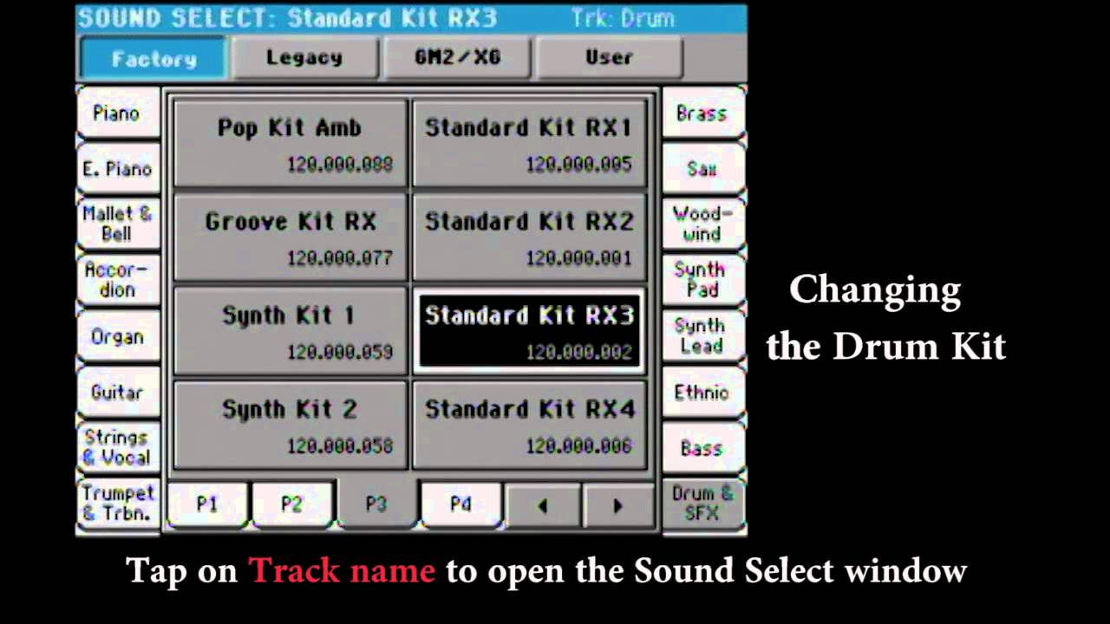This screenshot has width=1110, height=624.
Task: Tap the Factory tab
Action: point(153,59)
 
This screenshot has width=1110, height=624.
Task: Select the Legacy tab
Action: point(304,58)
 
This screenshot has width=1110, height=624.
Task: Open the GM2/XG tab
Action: point(458,58)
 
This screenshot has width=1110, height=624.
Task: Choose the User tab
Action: point(609,58)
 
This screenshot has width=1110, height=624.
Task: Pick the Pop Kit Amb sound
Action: point(290,143)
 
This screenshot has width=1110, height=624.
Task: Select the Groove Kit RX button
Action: point(290,237)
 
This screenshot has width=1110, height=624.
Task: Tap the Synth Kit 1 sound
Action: point(290,330)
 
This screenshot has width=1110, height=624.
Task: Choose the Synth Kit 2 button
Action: point(290,424)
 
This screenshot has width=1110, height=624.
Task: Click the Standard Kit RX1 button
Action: point(529,143)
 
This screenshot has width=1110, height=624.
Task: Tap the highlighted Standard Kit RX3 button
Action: point(529,330)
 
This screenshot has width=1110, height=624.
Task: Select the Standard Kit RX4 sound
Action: point(529,424)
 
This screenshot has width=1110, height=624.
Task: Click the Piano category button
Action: point(117,114)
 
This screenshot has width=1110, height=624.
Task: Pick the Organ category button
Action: point(117,336)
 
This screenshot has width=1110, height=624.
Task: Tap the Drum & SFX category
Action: point(702,503)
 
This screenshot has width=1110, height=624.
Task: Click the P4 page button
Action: point(460,504)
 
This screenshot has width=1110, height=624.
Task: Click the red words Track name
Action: point(342,570)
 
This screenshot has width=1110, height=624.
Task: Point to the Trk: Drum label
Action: point(622,18)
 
